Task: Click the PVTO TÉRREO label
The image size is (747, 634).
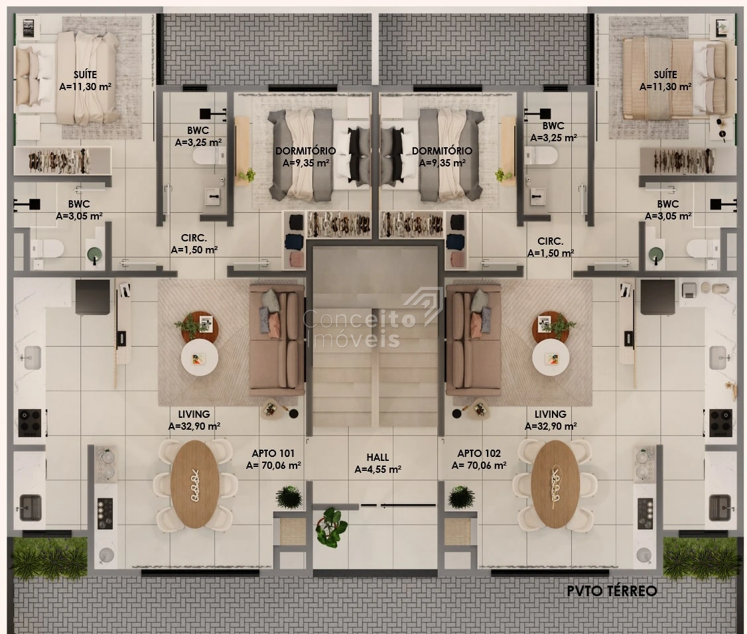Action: pos(612,591)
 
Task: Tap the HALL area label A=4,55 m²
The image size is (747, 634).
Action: pos(377,469)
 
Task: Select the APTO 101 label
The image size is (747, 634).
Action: pos(273,454)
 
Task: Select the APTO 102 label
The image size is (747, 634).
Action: pos(479,454)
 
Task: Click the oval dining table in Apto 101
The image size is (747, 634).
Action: pos(195,484)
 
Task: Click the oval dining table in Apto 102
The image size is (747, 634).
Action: pos(555,484)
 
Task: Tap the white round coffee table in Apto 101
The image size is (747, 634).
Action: pos(200,357)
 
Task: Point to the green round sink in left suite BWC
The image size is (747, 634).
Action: pos(94,254)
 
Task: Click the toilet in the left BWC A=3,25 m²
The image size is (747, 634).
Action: pos(209,155)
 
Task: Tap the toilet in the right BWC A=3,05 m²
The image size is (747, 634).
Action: pos(703,248)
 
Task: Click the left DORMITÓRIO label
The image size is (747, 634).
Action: pos(305,151)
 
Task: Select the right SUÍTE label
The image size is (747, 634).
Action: pos(665,75)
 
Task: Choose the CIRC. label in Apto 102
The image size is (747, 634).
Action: pos(550,241)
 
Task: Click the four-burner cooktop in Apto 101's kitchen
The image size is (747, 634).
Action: pos(30,422)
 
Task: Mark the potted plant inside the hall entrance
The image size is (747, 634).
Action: pos(332,527)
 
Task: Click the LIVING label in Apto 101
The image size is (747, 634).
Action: pos(194,414)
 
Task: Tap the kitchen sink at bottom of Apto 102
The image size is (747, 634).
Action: pos(719,508)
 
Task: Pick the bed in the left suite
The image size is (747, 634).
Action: pos(67,77)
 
